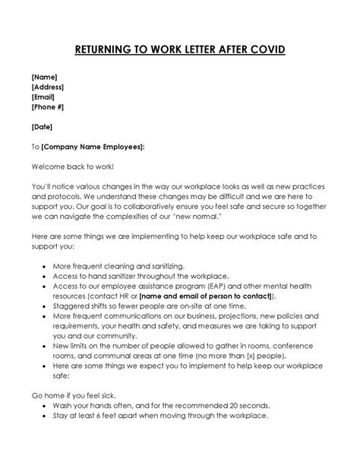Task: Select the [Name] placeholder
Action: pyautogui.click(x=45, y=77)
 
